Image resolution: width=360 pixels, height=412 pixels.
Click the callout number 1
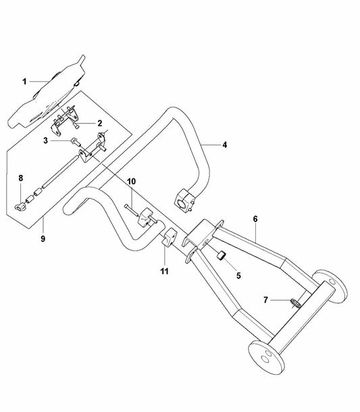coord(24,82)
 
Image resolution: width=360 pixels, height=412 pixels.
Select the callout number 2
coord(99,123)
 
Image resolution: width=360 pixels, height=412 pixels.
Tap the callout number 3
coord(46,141)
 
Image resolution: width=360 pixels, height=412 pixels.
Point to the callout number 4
coord(224,145)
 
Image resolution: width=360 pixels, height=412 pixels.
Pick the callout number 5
coord(238,276)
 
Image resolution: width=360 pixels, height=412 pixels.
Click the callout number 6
coord(255,219)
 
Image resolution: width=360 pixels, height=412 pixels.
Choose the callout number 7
coord(265,300)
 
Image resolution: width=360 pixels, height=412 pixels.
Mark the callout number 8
coord(21,178)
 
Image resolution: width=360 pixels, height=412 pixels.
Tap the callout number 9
coord(43,239)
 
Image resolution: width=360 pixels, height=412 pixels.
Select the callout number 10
coord(132,181)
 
